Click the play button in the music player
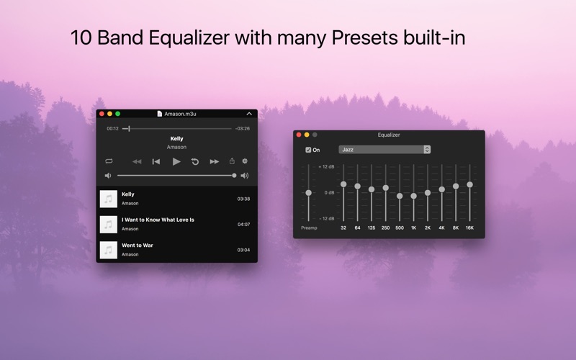(x=176, y=161)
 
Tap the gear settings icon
(x=245, y=161)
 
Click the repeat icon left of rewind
(x=109, y=161)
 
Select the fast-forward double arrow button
(x=214, y=161)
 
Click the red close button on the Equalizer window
(x=299, y=135)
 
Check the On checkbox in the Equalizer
(x=308, y=150)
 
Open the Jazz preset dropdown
(x=384, y=150)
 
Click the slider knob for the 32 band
(x=343, y=184)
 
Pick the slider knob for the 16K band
(x=470, y=184)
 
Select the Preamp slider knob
(x=309, y=193)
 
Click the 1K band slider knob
(x=413, y=196)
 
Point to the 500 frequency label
(x=400, y=228)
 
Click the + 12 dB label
(x=326, y=167)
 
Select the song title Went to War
(x=138, y=246)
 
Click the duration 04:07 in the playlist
(x=243, y=225)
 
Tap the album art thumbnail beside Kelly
(x=109, y=199)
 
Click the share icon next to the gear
(x=232, y=161)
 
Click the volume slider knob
(x=234, y=176)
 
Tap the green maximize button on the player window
(x=118, y=114)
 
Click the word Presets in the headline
(x=364, y=38)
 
